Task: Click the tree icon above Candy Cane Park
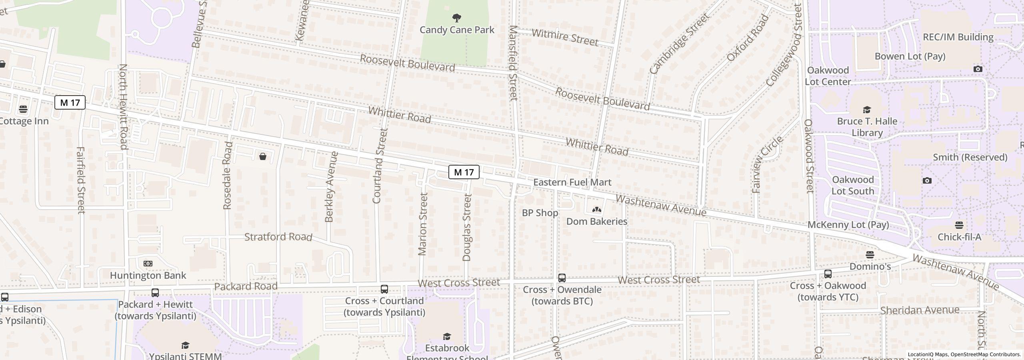click(x=456, y=18)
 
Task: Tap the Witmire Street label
click(x=565, y=37)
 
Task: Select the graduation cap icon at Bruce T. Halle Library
click(x=867, y=110)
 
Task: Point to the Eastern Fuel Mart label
click(x=572, y=182)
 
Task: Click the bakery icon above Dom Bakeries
click(x=596, y=210)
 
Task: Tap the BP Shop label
click(x=540, y=213)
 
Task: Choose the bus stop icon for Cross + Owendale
click(x=562, y=278)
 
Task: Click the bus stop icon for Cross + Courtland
click(x=384, y=289)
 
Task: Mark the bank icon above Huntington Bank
click(x=148, y=264)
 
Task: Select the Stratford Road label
click(x=278, y=237)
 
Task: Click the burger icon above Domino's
click(x=870, y=255)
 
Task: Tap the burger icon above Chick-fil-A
click(x=959, y=225)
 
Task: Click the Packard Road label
click(x=246, y=286)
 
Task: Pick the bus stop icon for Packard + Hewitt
click(x=155, y=293)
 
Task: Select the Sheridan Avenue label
click(x=920, y=310)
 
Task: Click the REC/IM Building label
click(x=958, y=37)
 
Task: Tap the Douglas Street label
click(x=467, y=227)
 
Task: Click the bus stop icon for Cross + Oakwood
click(x=828, y=274)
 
